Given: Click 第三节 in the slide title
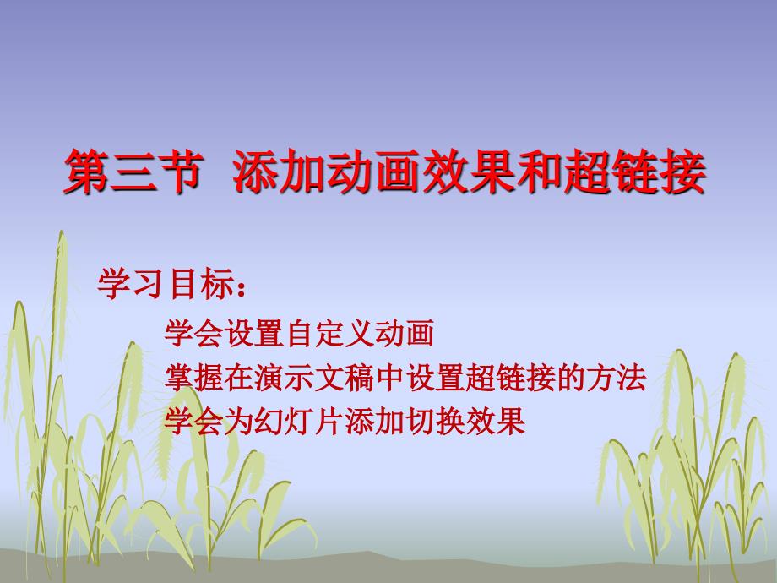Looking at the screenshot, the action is click(133, 172).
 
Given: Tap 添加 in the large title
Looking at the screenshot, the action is click(280, 172).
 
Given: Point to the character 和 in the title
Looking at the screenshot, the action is click(539, 172).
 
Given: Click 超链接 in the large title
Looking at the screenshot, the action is click(634, 172).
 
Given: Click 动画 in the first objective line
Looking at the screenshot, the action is click(404, 333).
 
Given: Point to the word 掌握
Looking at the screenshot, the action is click(193, 378).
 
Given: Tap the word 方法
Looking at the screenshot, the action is click(617, 378).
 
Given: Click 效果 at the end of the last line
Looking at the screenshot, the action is click(496, 422).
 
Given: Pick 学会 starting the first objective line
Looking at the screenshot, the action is click(193, 333).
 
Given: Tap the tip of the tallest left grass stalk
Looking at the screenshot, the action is click(62, 231).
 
